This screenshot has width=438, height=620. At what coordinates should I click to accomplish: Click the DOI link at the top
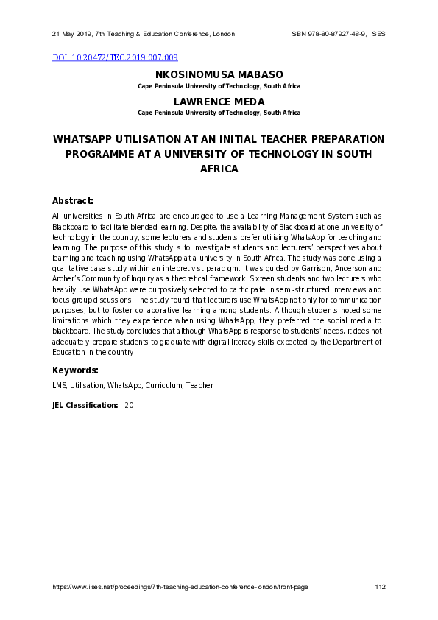click(114, 57)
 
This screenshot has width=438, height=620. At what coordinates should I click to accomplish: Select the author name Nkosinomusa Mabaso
click(219, 75)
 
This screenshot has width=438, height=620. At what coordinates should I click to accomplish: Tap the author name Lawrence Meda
click(219, 102)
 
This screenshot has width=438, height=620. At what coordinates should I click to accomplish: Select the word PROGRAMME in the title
click(99, 154)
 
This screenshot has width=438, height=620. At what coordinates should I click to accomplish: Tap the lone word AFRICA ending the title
click(219, 169)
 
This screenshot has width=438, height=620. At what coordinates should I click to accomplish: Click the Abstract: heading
click(72, 201)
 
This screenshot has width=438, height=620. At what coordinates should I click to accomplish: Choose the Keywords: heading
click(75, 370)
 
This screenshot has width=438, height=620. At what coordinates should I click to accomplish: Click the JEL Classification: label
click(85, 405)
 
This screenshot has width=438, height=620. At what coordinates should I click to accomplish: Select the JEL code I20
click(128, 405)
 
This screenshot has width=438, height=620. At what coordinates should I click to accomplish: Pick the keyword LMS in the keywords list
click(59, 385)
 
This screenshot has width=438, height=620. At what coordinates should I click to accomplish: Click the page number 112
click(380, 587)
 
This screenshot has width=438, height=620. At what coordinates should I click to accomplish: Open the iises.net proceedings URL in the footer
click(180, 587)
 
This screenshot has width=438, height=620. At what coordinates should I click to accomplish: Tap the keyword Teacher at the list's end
click(199, 385)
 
